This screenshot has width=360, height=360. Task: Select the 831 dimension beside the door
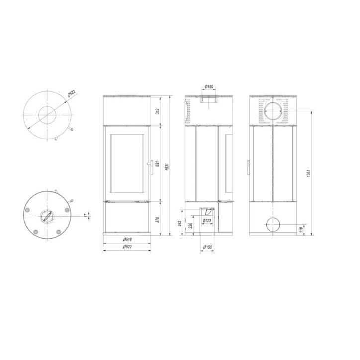(x=157, y=165)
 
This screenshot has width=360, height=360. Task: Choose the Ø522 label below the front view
(x=127, y=247)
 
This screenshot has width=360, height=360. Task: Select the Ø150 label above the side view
(x=209, y=87)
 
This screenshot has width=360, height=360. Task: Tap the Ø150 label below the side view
(x=209, y=247)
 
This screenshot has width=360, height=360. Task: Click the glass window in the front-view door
(x=127, y=163)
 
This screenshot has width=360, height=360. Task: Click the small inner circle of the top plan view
(x=48, y=114)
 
